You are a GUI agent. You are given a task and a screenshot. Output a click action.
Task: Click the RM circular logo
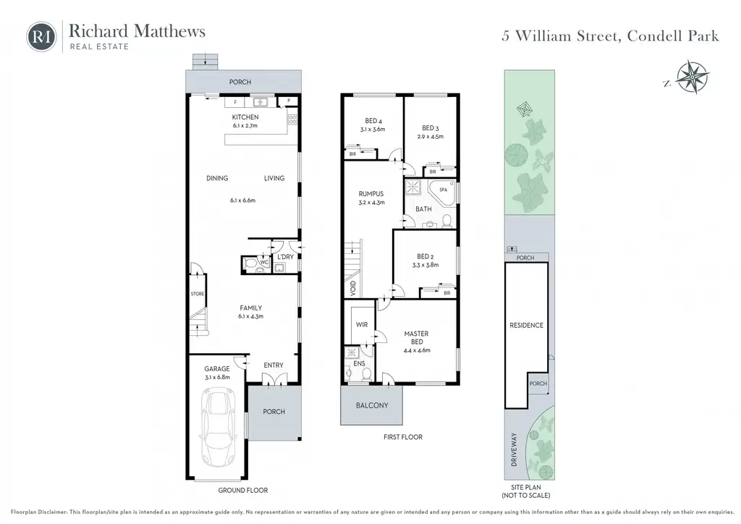coord(41,36)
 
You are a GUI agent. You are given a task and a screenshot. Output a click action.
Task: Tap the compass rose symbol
coord(693,77)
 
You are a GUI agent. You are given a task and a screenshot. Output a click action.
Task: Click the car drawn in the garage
coord(219,427)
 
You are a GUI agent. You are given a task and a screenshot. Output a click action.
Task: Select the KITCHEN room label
coord(245,117)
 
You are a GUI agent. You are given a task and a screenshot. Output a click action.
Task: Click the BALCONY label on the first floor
coord(372,405)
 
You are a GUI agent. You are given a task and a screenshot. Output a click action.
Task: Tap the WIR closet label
coord(362,325)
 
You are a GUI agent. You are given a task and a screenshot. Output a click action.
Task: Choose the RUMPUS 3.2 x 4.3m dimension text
coord(371,202)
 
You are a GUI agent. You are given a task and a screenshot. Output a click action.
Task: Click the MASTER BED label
coord(416,337)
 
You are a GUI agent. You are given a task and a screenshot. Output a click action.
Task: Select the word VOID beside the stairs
coord(353,288)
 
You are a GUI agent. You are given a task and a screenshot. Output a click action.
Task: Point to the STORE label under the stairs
coord(198,294)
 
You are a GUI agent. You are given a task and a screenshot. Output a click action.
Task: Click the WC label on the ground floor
coord(264,262)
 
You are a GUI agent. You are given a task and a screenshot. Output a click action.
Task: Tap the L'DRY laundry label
coord(285,256)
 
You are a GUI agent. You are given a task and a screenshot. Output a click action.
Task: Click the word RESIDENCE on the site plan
coord(527,325)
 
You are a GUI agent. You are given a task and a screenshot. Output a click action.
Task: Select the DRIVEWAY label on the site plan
coord(515,450)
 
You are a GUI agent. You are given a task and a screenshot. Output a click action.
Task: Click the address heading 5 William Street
coord(611,36)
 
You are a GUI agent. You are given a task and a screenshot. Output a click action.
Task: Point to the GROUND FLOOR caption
coord(243,490)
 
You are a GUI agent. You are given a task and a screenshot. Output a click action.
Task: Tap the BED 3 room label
coord(431,128)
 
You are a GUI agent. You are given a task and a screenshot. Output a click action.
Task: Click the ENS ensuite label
coord(359,363)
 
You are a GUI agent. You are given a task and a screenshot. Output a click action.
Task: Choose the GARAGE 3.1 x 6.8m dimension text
coord(217,377)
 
